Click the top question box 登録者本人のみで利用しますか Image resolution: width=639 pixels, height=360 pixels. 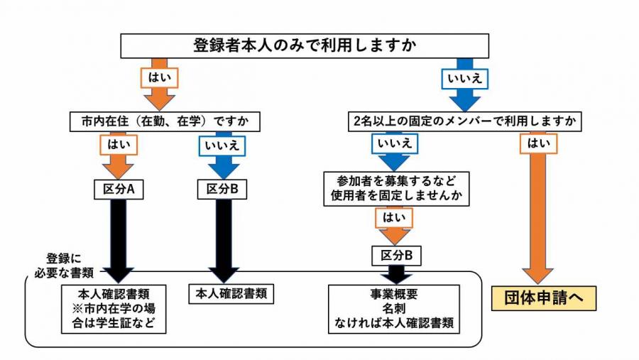(305, 46)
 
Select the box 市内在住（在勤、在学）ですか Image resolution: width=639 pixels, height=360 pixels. (165, 121)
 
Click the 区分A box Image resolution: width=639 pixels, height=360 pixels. (119, 190)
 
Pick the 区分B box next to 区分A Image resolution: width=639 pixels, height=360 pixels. (223, 190)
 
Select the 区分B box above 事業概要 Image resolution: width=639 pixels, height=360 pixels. (395, 254)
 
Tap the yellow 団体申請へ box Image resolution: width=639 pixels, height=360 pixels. (544, 298)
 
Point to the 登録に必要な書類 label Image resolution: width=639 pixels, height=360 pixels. (68, 265)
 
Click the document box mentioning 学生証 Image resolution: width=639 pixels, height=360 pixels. (119, 309)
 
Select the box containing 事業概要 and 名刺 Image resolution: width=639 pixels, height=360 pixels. (395, 309)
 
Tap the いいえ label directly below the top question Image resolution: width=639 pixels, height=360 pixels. (465, 77)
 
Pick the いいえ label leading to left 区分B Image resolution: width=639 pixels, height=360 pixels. (223, 146)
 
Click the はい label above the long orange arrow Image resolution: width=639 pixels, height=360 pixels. (538, 145)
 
